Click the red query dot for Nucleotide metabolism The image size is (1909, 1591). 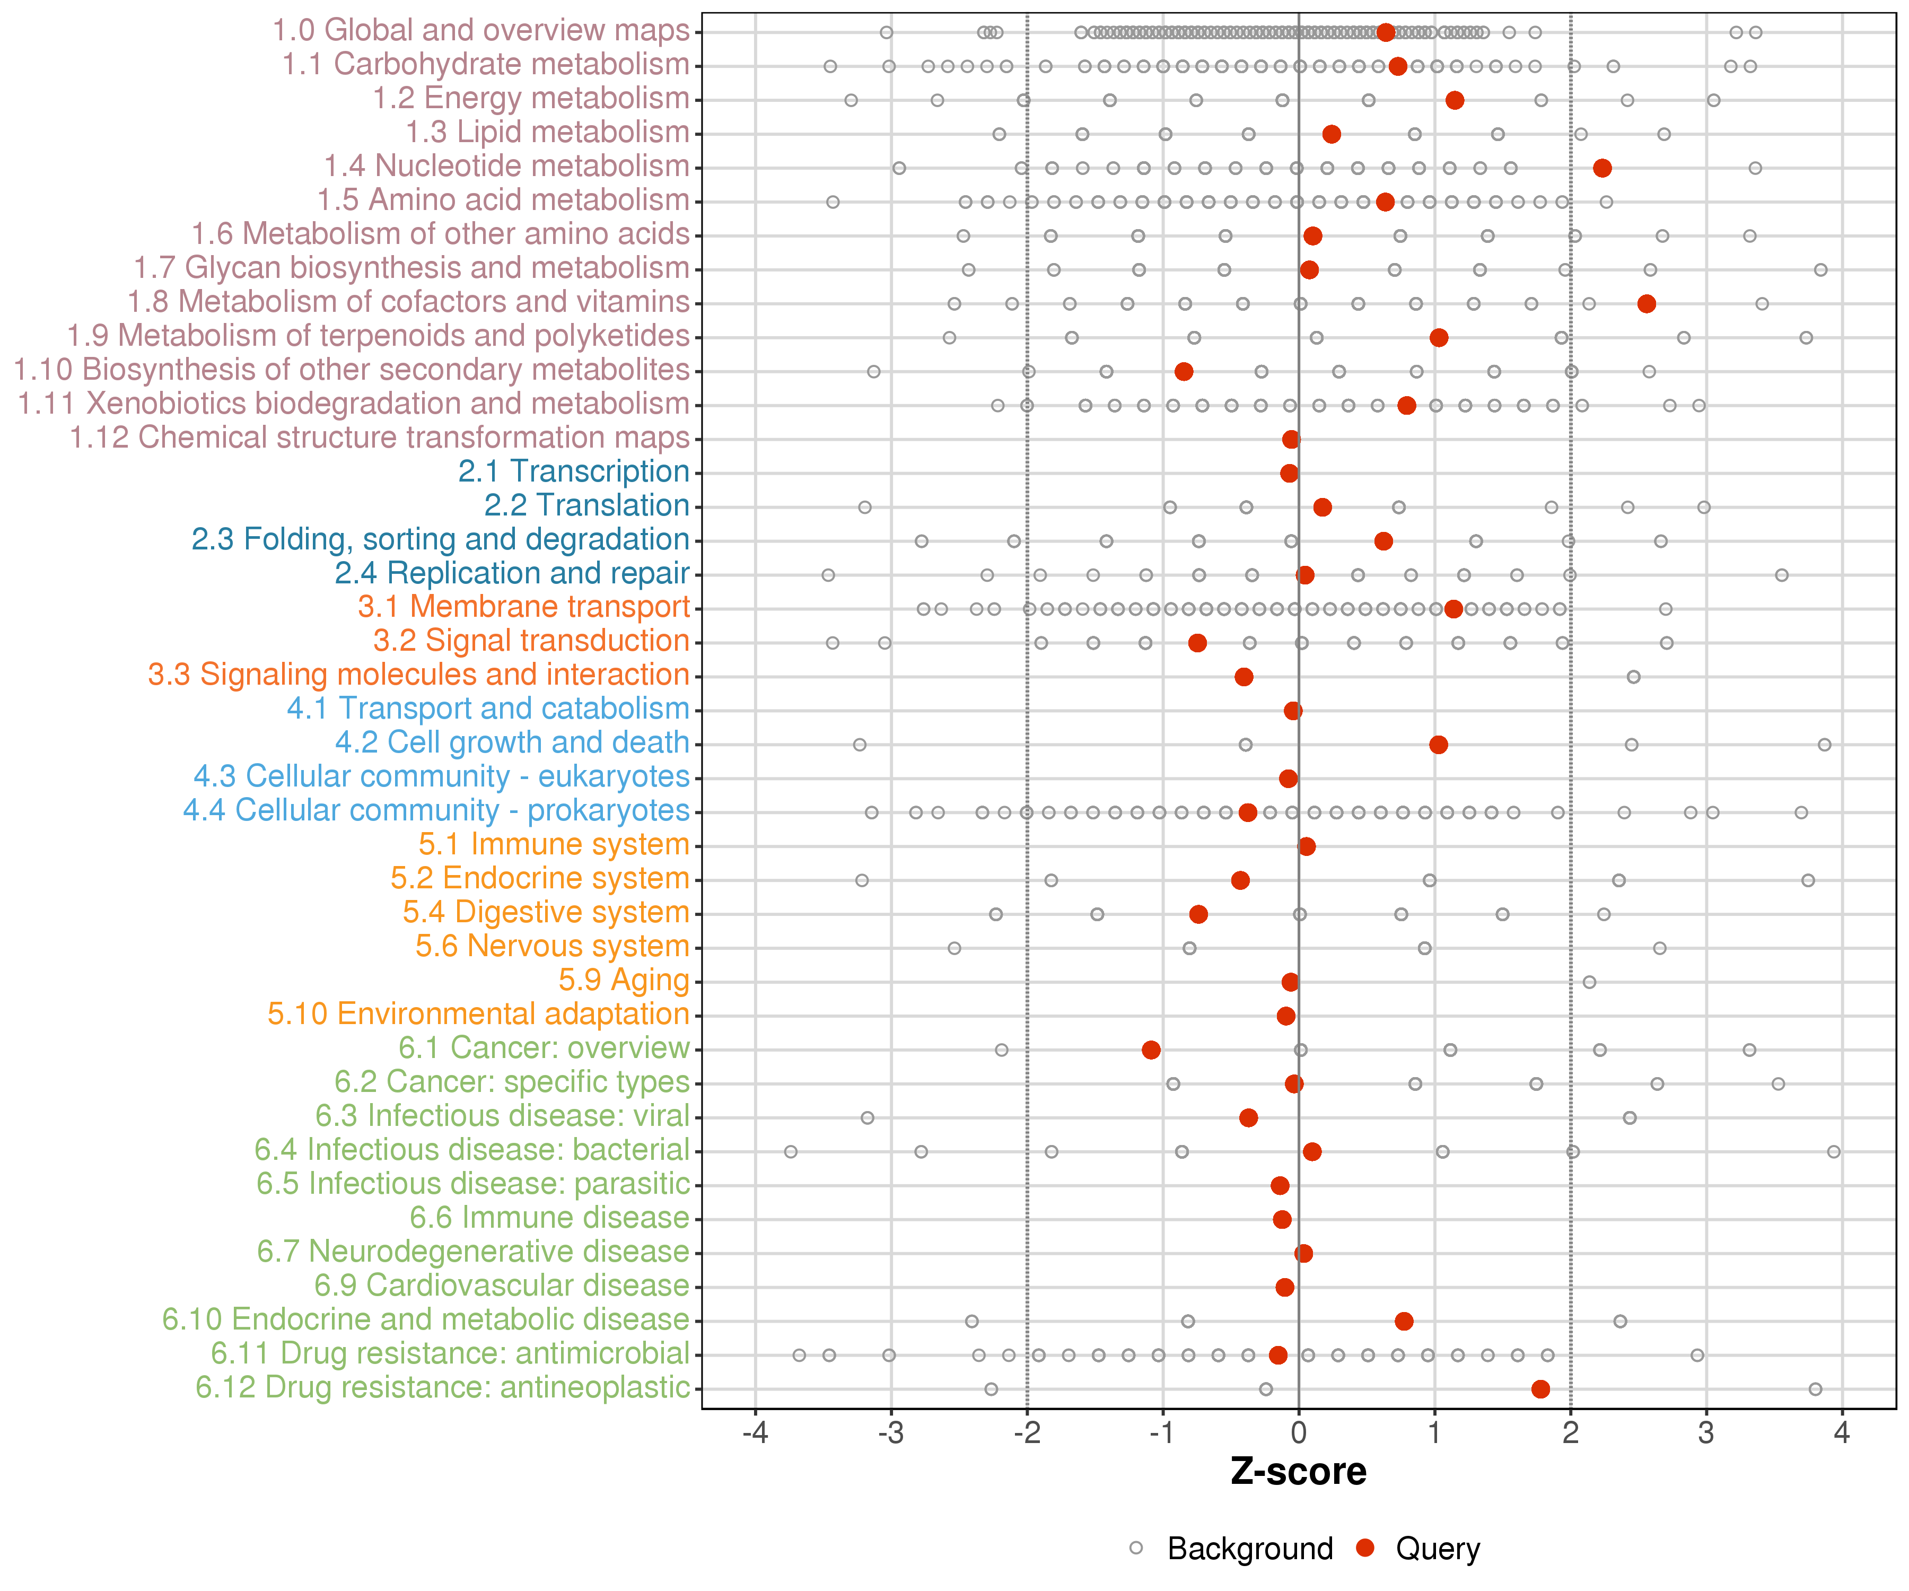[x=1602, y=168]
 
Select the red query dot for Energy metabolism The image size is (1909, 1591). [x=1455, y=100]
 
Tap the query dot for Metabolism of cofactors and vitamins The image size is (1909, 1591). [x=1647, y=304]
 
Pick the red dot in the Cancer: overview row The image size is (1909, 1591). [x=1151, y=1050]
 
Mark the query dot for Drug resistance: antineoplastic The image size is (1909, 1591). [x=1540, y=1389]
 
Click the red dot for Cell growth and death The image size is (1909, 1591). [x=1438, y=745]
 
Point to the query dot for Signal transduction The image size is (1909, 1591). [x=1197, y=643]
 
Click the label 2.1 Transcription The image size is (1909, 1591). [x=574, y=472]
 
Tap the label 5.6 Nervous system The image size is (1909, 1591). [x=552, y=947]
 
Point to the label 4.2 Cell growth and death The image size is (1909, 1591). [x=512, y=743]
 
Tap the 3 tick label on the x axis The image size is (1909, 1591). [x=1706, y=1433]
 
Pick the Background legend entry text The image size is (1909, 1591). [x=1250, y=1548]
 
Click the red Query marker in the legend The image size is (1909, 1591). [x=1364, y=1548]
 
